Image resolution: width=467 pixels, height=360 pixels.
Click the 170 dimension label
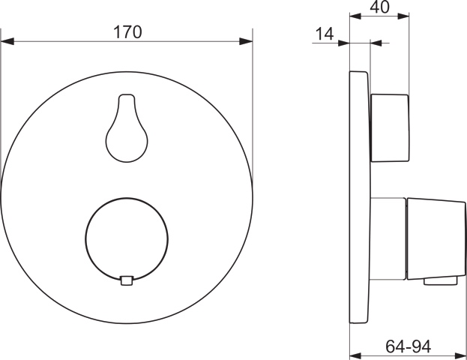coord(127,32)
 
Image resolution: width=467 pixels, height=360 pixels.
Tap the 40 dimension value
coord(379,7)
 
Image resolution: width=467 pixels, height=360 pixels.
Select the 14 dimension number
coord(325,34)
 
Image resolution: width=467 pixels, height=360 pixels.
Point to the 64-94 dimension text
coord(409,346)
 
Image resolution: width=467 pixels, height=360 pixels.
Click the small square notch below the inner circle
coord(127,280)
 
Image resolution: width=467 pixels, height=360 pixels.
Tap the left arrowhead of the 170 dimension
coord(7,41)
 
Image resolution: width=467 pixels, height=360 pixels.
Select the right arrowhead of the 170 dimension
coord(246,41)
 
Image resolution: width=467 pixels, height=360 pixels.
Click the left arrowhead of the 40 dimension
coord(355,16)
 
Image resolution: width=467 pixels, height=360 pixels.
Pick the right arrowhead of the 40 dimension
coord(403,16)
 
